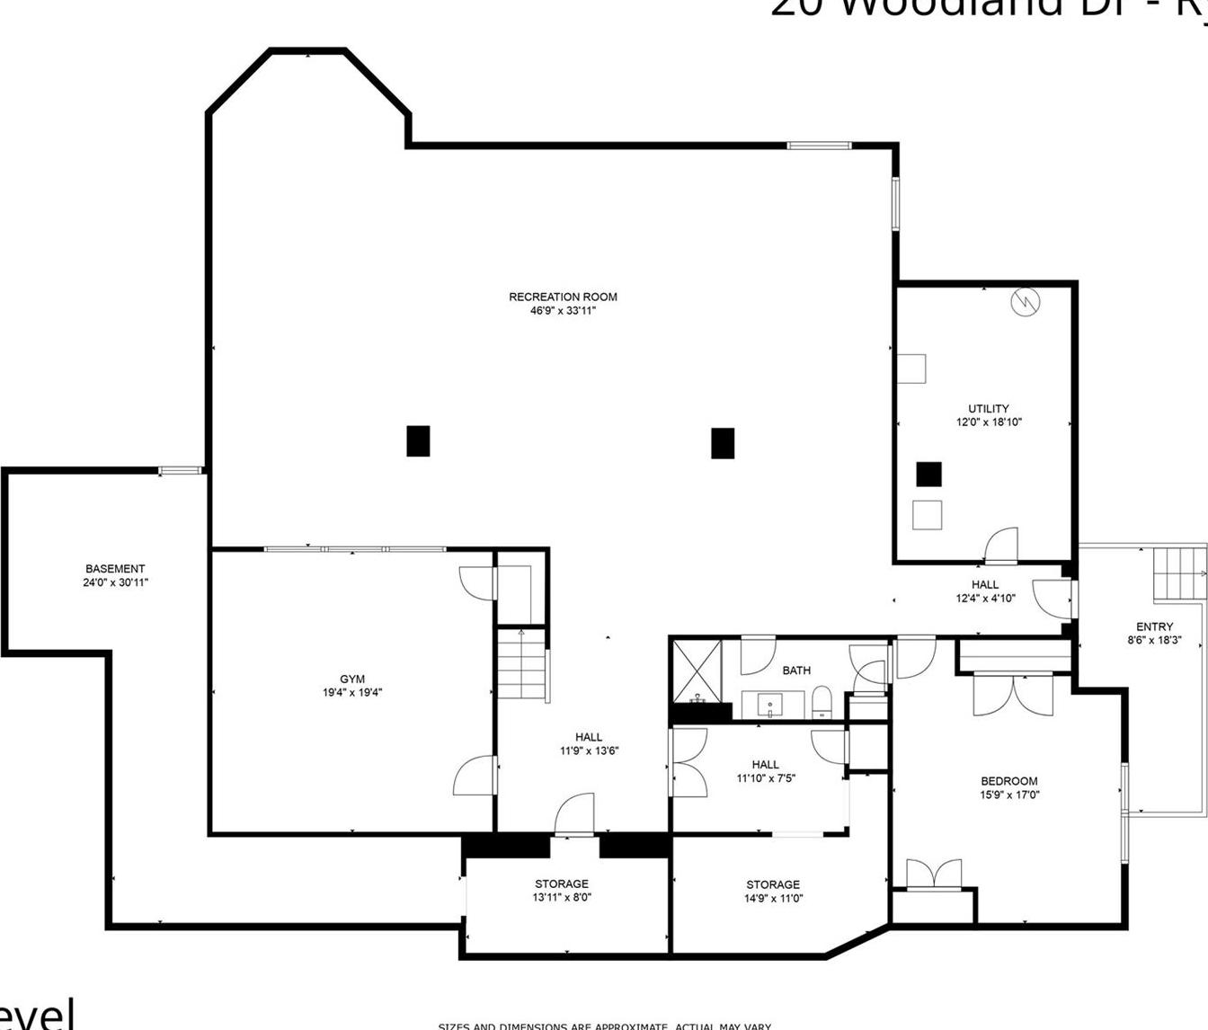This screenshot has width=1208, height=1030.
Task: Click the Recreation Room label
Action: coord(563,297)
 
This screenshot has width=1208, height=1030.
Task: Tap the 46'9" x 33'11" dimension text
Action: coord(563,311)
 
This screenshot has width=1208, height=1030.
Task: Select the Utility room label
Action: coord(989,408)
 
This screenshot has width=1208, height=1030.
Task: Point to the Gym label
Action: coord(352,679)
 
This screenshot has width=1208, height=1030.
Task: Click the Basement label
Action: coord(115,569)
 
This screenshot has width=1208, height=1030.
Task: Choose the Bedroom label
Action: coord(1008,781)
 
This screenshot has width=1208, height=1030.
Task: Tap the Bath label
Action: coord(796,670)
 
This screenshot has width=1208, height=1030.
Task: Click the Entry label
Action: coord(1154,626)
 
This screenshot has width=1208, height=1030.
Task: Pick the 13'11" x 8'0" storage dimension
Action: coord(562,897)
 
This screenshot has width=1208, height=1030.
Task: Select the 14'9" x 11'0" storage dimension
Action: coord(773,898)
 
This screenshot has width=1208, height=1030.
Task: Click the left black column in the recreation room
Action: coord(418,441)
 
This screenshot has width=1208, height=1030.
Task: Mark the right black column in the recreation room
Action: coord(723,443)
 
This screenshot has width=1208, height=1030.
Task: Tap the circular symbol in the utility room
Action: coord(1025,303)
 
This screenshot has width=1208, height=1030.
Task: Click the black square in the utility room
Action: coord(928,474)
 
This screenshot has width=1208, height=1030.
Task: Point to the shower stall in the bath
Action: coord(697,670)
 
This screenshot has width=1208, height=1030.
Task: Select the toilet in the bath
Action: coord(822,701)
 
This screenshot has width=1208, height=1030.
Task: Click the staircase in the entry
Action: coord(1177,573)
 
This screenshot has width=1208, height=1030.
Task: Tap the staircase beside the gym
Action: coord(522,665)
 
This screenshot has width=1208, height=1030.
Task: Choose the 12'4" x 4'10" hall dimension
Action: coord(985,598)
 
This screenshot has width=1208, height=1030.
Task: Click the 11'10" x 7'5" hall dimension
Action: coord(766,778)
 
